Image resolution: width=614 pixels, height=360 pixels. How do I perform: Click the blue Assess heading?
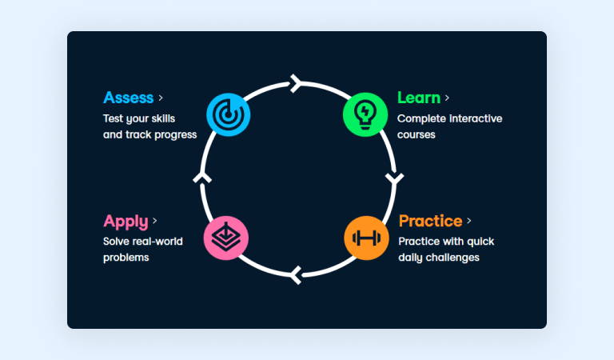(x=128, y=98)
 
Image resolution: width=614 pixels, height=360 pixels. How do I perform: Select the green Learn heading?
(x=418, y=98)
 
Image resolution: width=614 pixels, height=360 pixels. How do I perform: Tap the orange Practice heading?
(x=430, y=221)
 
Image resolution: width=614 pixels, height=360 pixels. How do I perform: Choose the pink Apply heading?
(x=126, y=221)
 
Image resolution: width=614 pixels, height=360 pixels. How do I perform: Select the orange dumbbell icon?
(x=366, y=238)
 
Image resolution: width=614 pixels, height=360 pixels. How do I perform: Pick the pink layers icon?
(x=226, y=238)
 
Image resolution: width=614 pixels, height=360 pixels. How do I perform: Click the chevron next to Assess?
(x=161, y=98)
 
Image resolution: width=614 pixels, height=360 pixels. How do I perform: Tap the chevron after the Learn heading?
(x=447, y=98)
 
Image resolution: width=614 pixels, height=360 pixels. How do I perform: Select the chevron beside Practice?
(x=469, y=221)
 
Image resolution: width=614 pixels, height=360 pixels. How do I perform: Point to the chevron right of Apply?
(x=154, y=221)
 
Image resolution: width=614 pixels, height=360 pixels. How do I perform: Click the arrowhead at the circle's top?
(x=296, y=83)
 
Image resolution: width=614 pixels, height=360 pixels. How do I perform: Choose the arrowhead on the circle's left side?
(x=201, y=177)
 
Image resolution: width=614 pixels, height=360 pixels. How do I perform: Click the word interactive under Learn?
(x=474, y=118)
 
